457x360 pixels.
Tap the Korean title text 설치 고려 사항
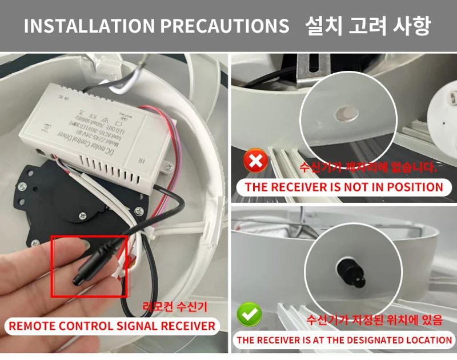pos(368,26)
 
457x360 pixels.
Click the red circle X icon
pos(256,162)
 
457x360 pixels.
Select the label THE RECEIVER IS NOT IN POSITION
pos(344,187)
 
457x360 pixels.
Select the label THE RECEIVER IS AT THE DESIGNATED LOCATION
pos(344,340)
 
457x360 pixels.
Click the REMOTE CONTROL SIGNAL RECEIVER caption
pos(113,326)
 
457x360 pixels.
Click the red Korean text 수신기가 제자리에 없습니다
pos(368,167)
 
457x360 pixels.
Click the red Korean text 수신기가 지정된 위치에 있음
pos(374,319)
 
